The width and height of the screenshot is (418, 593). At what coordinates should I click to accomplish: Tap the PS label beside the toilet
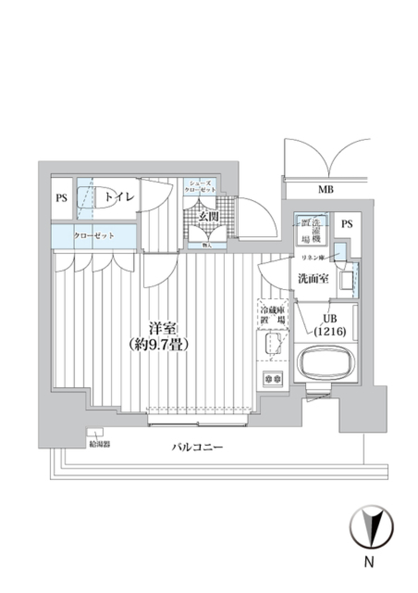point(61,198)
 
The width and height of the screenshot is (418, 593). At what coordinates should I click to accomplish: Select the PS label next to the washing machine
point(347,224)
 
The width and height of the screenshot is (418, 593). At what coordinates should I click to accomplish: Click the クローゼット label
point(94,236)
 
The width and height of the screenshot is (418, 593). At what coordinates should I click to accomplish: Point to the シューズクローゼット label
point(200,187)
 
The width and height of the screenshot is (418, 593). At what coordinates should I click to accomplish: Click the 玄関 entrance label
point(208,217)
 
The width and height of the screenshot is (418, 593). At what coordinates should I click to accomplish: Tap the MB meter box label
point(326,190)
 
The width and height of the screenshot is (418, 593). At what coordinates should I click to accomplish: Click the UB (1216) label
point(330,325)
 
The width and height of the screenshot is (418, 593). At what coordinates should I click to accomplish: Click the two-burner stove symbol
point(273,378)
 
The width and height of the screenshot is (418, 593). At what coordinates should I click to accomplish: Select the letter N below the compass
point(369,562)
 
